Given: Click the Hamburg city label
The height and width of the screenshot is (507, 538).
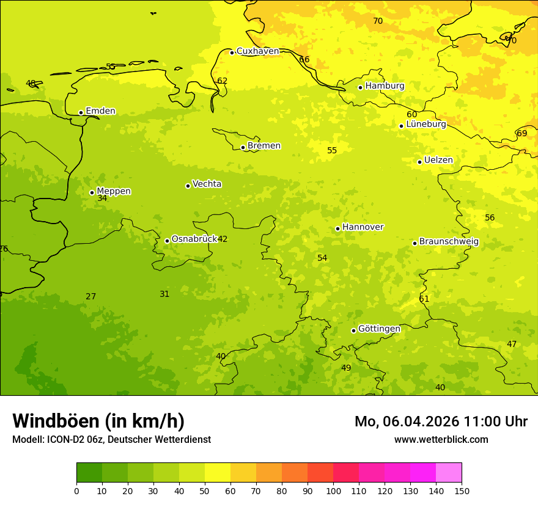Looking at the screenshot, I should tap(385, 86).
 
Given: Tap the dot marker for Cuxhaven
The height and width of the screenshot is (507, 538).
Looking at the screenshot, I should tap(232, 53).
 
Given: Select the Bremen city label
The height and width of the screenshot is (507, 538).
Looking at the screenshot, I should tap(263, 146).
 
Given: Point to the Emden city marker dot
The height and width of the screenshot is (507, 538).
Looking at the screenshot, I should tap(81, 112).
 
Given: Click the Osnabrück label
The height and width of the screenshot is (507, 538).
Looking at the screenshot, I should tap(194, 239).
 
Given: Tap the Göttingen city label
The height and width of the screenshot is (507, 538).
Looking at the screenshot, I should tap(379, 329).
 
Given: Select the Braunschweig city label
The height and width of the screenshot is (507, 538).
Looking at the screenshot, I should tap(449, 242).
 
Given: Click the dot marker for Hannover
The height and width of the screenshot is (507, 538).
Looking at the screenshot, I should tap(337, 228).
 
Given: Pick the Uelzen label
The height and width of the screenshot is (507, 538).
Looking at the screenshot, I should tap(438, 161).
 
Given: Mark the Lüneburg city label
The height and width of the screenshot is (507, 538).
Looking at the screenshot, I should tap(426, 125).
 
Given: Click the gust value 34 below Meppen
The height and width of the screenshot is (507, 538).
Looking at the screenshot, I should tap(102, 199).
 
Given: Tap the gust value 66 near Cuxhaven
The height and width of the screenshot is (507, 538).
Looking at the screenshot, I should tap(304, 60).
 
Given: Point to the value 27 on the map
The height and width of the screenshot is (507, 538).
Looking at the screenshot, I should tap(90, 297).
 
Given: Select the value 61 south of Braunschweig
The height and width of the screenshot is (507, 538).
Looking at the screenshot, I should tap(424, 299).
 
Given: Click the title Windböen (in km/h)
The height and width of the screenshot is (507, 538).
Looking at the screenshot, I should tap(98, 421).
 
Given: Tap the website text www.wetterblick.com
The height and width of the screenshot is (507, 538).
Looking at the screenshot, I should tap(441, 440).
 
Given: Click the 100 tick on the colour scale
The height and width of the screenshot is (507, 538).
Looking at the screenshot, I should tap(333, 491).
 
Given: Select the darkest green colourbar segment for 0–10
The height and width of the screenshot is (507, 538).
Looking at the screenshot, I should tap(89, 473).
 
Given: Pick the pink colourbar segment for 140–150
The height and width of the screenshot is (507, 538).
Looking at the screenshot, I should tap(449, 473).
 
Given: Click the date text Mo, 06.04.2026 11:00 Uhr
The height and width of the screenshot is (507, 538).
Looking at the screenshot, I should tap(441, 421).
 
